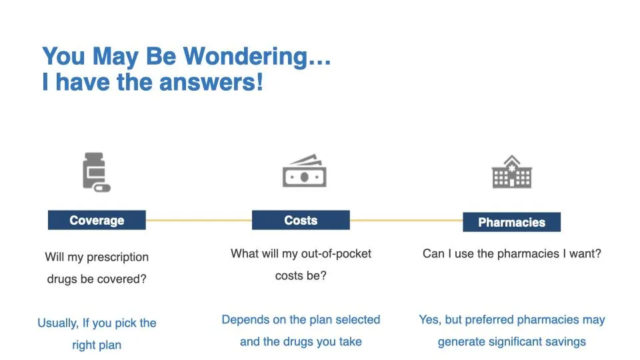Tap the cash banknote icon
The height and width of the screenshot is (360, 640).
coord(305,171)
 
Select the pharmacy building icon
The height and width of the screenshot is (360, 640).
coord(512,171)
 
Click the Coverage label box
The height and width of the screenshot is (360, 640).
coord(97,220)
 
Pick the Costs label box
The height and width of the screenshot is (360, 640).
coord(301,220)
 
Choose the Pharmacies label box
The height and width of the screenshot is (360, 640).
coord(512,222)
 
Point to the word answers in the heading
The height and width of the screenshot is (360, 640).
coord(211,82)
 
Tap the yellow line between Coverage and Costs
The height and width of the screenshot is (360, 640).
coord(199,220)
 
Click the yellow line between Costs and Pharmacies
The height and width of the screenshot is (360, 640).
coord(406,220)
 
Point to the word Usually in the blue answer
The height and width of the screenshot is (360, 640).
coord(58,323)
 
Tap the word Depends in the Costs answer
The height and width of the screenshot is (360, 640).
coord(246,319)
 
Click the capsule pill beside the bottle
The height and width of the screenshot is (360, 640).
coord(101,188)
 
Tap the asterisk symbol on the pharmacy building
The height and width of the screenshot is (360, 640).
coord(512,167)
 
